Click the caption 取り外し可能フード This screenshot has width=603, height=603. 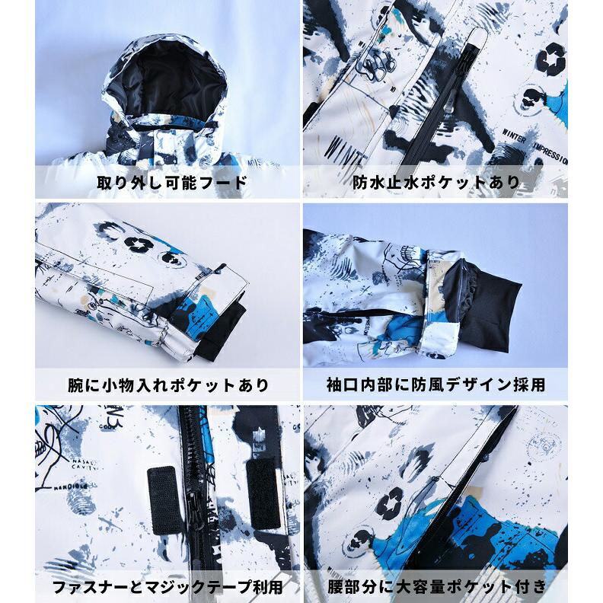(172, 183)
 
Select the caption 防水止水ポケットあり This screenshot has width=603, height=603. (436, 183)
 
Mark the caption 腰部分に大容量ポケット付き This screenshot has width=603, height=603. (436, 586)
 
